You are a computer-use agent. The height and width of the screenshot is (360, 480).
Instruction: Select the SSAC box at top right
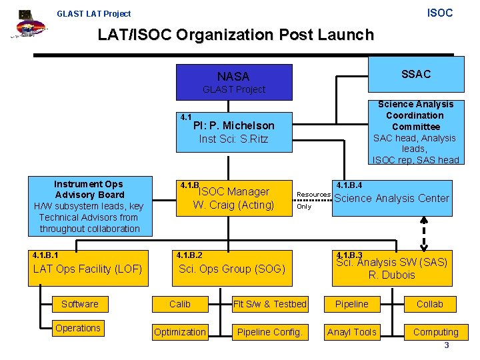(x=415, y=75)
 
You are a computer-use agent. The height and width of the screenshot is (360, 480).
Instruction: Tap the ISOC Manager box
(x=233, y=198)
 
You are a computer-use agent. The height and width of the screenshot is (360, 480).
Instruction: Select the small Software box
(x=80, y=304)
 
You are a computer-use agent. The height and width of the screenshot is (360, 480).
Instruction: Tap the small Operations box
(x=78, y=328)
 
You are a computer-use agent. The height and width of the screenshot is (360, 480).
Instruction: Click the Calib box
(x=179, y=304)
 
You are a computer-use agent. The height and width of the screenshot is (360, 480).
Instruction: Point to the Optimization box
(x=179, y=331)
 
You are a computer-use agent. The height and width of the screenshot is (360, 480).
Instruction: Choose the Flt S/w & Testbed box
(x=270, y=304)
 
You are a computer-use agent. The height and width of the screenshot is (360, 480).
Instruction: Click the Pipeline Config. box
(x=270, y=331)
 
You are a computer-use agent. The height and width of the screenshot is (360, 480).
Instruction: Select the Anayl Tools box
(x=351, y=331)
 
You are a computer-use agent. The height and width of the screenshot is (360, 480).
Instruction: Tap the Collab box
(x=430, y=304)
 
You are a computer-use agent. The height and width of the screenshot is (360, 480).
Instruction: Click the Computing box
(x=435, y=331)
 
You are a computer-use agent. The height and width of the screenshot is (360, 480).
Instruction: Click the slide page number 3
(x=447, y=345)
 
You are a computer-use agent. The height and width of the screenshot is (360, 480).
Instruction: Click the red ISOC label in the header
(x=439, y=13)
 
